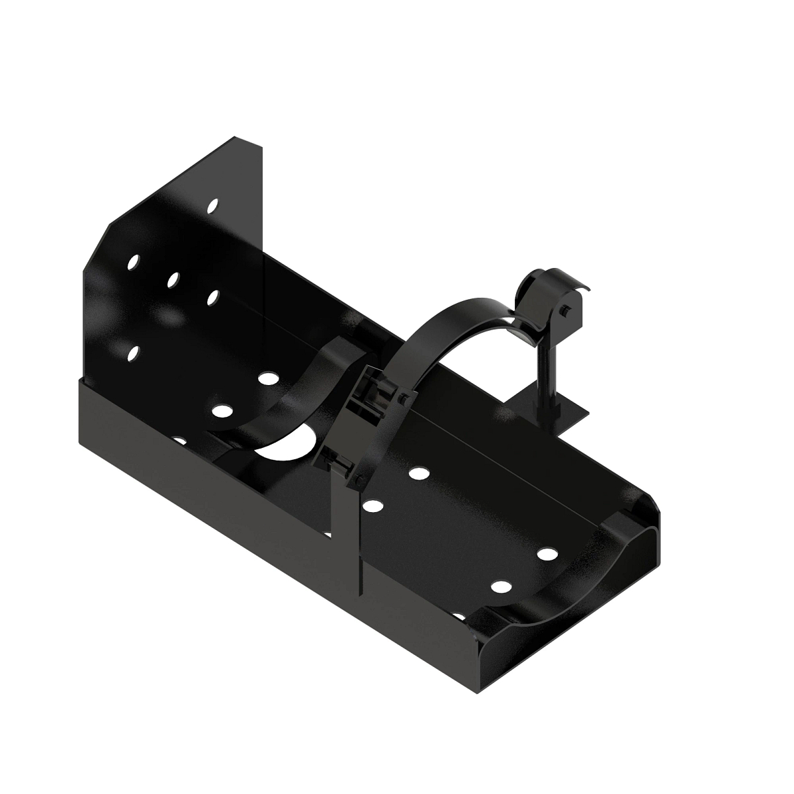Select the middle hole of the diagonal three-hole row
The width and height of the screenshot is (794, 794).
173,280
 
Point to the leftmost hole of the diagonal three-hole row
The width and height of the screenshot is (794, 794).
134,262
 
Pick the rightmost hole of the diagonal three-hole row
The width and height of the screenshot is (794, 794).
212,298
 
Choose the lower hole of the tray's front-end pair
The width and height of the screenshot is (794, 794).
502,586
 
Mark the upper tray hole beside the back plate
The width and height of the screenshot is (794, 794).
268,378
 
